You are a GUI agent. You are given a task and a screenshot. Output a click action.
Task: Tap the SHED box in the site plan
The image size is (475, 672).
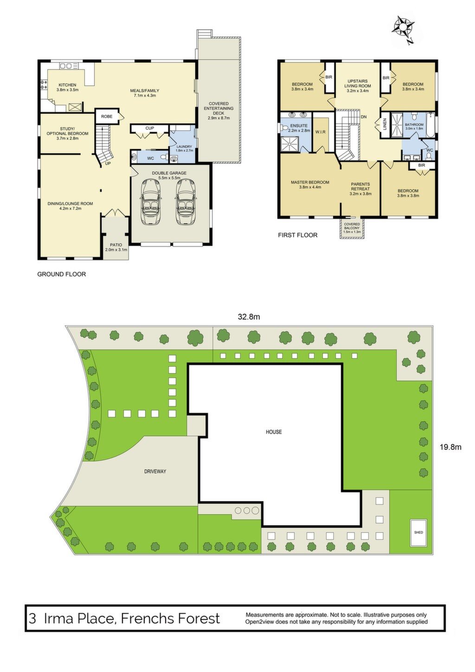click(418, 532)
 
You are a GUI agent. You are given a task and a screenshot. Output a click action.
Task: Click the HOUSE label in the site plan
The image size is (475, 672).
click(274, 432)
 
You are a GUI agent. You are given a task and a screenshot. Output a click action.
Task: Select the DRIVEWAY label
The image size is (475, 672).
click(155, 472)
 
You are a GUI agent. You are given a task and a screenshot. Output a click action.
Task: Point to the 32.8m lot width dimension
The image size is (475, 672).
click(249, 317)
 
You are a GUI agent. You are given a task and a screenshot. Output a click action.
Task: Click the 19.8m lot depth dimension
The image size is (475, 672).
click(450, 447)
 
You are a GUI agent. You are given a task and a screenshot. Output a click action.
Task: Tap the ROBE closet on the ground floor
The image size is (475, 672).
click(106, 116)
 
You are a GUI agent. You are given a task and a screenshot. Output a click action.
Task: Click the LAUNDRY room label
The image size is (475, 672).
click(184, 147)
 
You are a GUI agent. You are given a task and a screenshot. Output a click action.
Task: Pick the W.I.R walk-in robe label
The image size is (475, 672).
click(321, 132)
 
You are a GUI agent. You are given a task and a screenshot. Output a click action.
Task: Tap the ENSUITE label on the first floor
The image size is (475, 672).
click(299, 126)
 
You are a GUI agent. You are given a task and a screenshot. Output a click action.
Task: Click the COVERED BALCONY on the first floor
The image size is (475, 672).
click(352, 228)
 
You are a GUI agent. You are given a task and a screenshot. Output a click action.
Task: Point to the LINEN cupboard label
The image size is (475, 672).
click(385, 123)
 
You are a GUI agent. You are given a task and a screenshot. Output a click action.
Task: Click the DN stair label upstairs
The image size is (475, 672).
click(364, 116)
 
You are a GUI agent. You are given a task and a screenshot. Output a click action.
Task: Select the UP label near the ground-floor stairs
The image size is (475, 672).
click(108, 163)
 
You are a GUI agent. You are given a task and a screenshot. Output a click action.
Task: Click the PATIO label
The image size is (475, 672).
click(116, 245)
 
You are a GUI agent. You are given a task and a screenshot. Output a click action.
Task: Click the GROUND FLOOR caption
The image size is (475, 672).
click(62, 274)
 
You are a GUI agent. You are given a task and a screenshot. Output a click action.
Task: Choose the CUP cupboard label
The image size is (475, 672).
click(150, 128)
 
